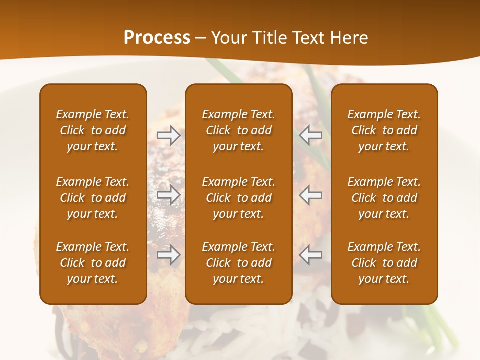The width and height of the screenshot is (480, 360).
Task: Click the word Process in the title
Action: [x=157, y=38]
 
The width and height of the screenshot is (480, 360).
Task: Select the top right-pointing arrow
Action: [x=169, y=135]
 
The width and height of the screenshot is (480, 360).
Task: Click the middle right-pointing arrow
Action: [x=169, y=195]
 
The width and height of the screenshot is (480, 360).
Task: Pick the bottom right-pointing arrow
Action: [x=169, y=255]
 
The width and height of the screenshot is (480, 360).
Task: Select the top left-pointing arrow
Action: [x=311, y=135]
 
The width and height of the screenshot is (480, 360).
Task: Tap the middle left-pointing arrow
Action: [x=311, y=195]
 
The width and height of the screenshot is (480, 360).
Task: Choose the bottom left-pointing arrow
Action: [x=311, y=255]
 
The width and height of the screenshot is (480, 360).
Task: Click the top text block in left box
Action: [x=93, y=130]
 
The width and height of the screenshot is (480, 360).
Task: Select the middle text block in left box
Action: [x=93, y=198]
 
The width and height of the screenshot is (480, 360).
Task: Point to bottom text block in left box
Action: [x=93, y=263]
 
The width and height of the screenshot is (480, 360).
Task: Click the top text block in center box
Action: [x=239, y=130]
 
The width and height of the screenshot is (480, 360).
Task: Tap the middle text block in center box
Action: [x=239, y=198]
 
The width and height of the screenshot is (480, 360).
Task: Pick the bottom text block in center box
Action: [x=239, y=263]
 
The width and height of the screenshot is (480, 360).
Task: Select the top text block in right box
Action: [x=384, y=130]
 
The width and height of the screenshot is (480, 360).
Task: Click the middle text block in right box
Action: [x=384, y=198]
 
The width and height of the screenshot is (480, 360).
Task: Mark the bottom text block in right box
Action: [x=384, y=263]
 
